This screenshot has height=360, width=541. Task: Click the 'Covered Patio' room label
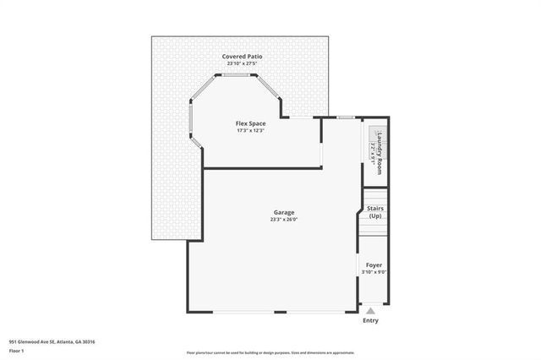(243, 57)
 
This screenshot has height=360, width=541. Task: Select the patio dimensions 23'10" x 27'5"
(243, 64)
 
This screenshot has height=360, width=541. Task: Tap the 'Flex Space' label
(250, 123)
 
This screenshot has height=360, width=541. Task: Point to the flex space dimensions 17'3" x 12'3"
(250, 131)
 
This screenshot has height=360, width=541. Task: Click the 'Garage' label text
(283, 212)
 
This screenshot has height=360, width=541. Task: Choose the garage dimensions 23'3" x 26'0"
(283, 220)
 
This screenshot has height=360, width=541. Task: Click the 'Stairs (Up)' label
(374, 212)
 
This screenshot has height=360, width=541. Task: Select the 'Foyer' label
(374, 265)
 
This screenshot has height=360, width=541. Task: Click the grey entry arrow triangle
(370, 311)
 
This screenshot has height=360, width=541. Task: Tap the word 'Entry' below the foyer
(370, 321)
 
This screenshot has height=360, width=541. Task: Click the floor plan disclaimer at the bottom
(270, 353)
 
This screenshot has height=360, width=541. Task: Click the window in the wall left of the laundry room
(345, 117)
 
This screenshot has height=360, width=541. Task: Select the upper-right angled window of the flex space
(270, 88)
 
